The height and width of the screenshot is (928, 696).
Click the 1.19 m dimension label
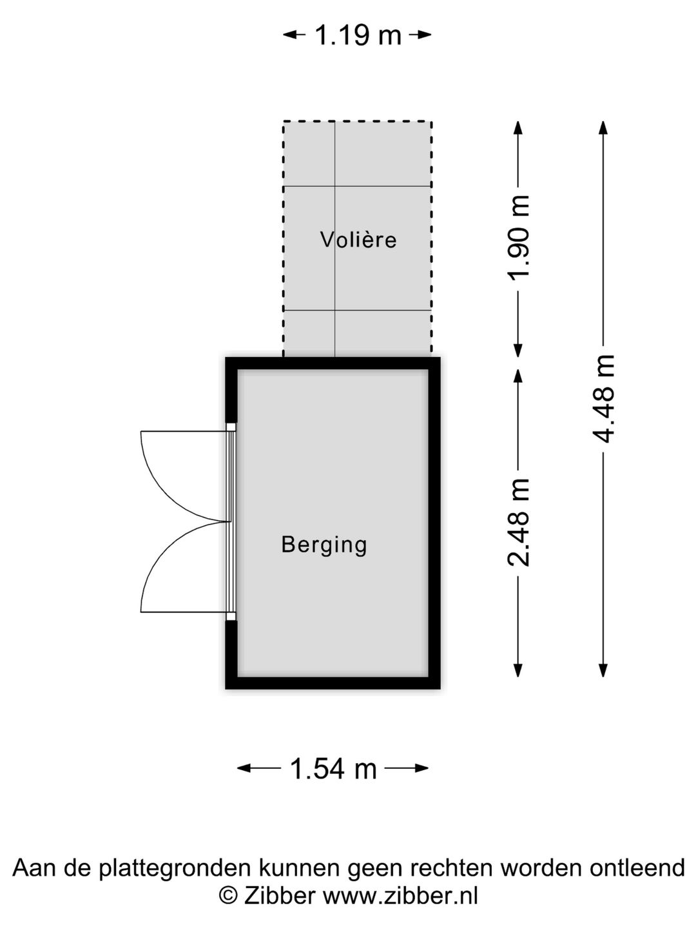coord(358,35)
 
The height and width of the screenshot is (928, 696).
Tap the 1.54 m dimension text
coord(333,768)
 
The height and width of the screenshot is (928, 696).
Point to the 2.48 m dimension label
coord(519,522)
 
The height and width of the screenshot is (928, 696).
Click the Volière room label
coord(358,240)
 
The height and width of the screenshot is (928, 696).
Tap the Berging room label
coord(324,545)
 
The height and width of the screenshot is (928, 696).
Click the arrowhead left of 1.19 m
coord(291,35)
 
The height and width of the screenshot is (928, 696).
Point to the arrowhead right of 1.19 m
coord(424,35)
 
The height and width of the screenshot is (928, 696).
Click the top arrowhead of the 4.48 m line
coord(604,128)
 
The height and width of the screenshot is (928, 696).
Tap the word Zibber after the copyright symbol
coord(279,896)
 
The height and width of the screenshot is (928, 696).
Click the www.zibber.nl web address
coord(400,896)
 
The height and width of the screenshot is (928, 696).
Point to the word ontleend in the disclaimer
coord(637,868)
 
